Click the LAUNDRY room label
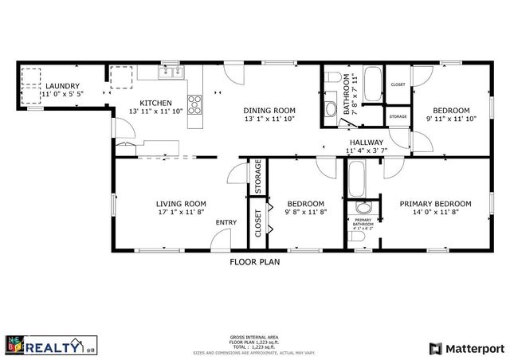tap(63, 85)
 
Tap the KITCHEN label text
tap(155, 103)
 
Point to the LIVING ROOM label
tap(181, 203)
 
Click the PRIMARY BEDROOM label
tap(435, 203)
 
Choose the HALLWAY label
tap(365, 142)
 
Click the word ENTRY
tap(226, 222)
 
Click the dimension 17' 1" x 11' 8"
tap(181, 212)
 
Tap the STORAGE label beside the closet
tap(258, 177)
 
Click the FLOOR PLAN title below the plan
tap(254, 260)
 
